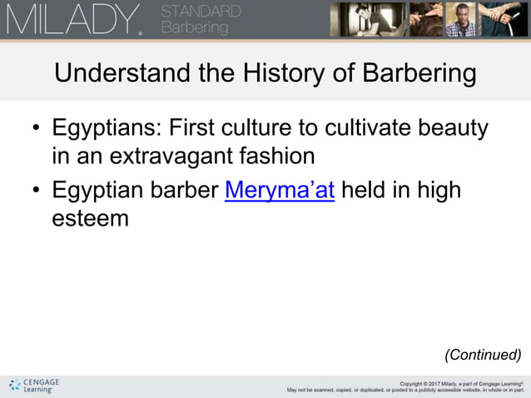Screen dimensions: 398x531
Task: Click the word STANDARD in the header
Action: (201, 12)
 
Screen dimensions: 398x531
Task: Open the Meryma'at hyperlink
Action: (280, 190)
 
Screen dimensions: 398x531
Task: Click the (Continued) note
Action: (483, 355)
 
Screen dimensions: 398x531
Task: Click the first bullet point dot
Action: (36, 130)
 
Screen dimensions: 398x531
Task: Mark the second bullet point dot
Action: (36, 191)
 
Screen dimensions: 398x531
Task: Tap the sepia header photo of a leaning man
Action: (361, 19)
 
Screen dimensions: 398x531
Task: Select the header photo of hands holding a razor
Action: (506, 19)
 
